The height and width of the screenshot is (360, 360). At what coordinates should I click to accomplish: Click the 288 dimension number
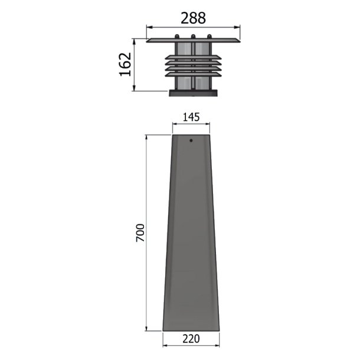193,18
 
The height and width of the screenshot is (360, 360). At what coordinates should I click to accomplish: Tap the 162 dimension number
125,64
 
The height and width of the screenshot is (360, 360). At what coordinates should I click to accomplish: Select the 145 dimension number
191,117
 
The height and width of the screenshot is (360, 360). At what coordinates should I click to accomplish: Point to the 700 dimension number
140,233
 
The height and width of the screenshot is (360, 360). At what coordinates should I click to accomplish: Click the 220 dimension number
191,339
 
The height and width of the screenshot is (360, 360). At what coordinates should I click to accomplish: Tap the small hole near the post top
191,140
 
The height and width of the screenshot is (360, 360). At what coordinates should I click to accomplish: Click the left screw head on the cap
177,36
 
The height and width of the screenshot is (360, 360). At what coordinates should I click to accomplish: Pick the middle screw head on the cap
193,36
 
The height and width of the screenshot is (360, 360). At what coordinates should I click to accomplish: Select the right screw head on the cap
209,36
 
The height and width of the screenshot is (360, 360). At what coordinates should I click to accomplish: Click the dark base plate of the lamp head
193,93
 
